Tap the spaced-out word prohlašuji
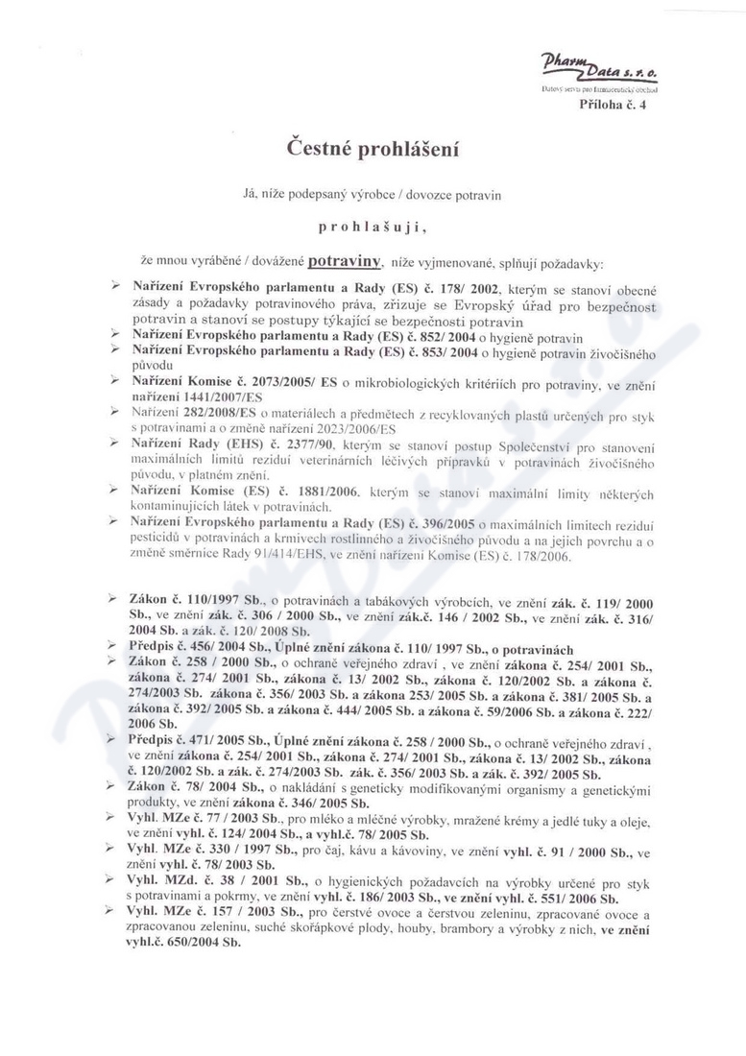click(373, 228)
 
